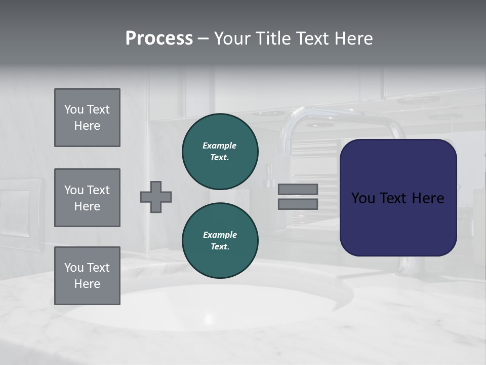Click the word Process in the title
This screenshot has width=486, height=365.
click(x=159, y=39)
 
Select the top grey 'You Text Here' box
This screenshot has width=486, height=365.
click(x=87, y=118)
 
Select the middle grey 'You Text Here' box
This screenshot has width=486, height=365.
click(x=87, y=198)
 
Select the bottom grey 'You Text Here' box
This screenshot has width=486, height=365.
click(x=87, y=275)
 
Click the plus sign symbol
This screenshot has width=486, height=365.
click(x=156, y=197)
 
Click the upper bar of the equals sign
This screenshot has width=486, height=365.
click(x=298, y=189)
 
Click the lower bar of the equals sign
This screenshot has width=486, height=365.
click(x=298, y=204)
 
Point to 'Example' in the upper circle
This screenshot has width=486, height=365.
click(x=220, y=145)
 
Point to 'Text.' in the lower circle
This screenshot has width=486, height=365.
click(x=220, y=246)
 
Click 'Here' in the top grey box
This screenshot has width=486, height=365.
click(x=87, y=126)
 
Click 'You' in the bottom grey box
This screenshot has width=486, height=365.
click(x=74, y=267)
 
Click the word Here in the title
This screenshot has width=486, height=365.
click(x=353, y=39)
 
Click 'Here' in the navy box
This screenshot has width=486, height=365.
click(x=428, y=198)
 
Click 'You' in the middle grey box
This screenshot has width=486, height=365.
click(x=74, y=190)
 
